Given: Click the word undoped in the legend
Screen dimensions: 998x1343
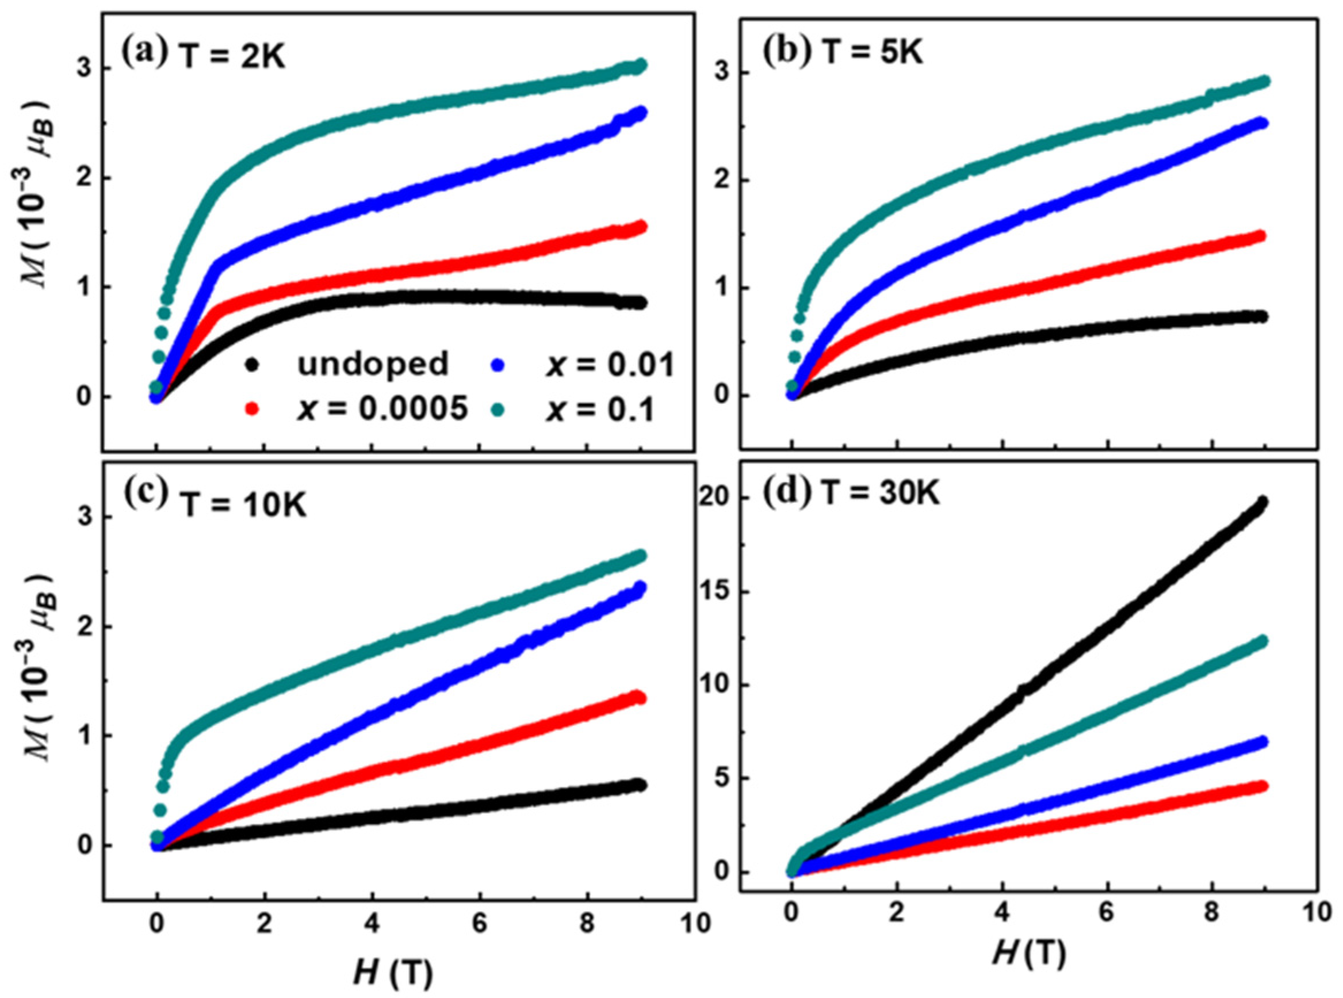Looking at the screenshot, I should (373, 364).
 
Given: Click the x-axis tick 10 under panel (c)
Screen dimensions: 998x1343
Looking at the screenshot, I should (695, 925).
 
